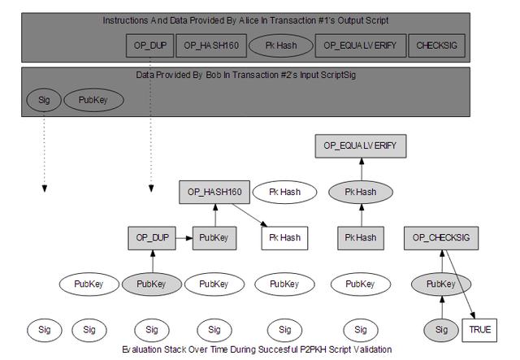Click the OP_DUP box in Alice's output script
point(149,46)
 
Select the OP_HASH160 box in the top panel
point(211,46)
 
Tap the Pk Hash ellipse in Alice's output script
point(281,46)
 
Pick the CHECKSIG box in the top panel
point(437,46)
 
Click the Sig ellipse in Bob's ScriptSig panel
point(44,100)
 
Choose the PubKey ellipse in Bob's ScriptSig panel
point(93,100)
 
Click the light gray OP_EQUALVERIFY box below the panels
point(361,146)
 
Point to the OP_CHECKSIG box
point(441,238)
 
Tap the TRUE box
point(479,330)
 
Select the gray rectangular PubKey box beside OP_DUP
point(214,238)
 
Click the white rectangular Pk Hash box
point(284,238)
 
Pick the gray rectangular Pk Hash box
point(361,238)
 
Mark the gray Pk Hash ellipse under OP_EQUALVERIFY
point(361,192)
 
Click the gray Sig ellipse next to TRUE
point(441,330)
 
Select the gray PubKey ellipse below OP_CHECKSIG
point(441,284)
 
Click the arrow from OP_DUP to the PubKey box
point(184,238)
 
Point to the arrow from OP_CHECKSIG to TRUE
point(461,284)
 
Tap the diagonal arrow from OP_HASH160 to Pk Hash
point(250,215)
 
